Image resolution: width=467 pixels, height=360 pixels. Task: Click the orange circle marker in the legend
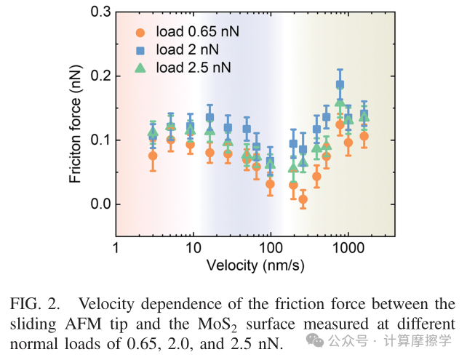(x=141, y=32)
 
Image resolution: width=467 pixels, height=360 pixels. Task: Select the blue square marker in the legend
(x=141, y=50)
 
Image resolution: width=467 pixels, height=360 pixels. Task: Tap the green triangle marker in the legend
(x=141, y=68)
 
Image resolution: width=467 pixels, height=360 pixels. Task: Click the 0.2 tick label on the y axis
(x=99, y=76)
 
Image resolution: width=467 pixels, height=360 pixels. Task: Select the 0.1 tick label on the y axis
(x=99, y=140)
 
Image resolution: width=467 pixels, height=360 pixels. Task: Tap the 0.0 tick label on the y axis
(x=99, y=204)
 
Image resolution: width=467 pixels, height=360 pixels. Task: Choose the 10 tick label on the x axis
(x=193, y=248)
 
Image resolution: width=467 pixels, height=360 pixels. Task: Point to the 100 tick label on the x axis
(x=271, y=248)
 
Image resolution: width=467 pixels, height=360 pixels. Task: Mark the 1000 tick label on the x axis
(x=348, y=248)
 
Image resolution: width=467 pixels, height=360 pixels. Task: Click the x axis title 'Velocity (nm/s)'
(x=255, y=265)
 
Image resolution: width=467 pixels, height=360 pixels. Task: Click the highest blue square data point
(x=340, y=84)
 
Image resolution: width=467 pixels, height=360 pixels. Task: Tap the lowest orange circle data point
(x=303, y=199)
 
